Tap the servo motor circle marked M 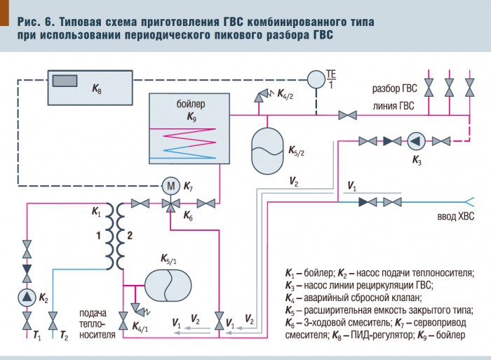pyautogui.click(x=171, y=186)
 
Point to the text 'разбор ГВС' pyautogui.click(x=394, y=90)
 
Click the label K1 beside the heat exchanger pyautogui.click(x=96, y=210)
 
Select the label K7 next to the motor pyautogui.click(x=189, y=186)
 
